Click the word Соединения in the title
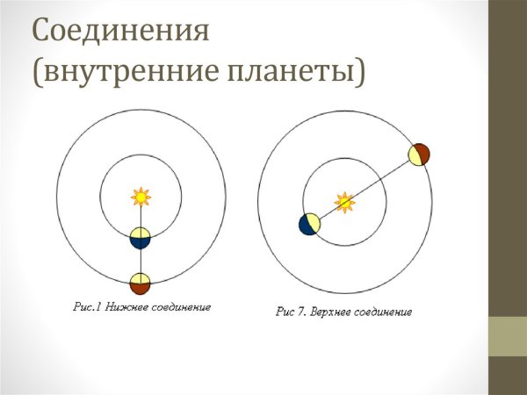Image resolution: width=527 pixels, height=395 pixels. click(x=121, y=32)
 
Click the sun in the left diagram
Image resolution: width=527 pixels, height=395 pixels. click(x=140, y=196)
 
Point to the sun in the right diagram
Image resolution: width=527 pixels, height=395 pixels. click(x=345, y=203)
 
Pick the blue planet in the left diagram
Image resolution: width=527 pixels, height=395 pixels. click(x=140, y=238)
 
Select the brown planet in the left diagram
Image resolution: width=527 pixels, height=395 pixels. click(x=140, y=284)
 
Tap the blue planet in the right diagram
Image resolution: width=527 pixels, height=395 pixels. click(x=309, y=224)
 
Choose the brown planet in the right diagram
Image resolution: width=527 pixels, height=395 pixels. click(x=418, y=154)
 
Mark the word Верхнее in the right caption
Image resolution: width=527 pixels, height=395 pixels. click(x=325, y=312)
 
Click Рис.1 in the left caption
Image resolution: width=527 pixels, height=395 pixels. click(x=87, y=308)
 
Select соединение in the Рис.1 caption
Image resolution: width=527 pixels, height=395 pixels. click(x=179, y=308)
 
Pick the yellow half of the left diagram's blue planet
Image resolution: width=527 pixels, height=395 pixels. click(x=140, y=233)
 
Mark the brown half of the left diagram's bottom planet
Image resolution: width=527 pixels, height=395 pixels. click(x=140, y=289)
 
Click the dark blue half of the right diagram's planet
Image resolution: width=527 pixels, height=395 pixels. click(x=305, y=225)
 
